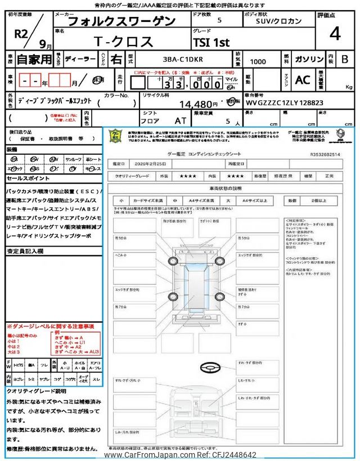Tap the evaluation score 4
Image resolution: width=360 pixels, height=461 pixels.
336,34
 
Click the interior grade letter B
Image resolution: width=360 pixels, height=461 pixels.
345,58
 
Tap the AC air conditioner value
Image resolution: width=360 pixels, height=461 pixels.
303,80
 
